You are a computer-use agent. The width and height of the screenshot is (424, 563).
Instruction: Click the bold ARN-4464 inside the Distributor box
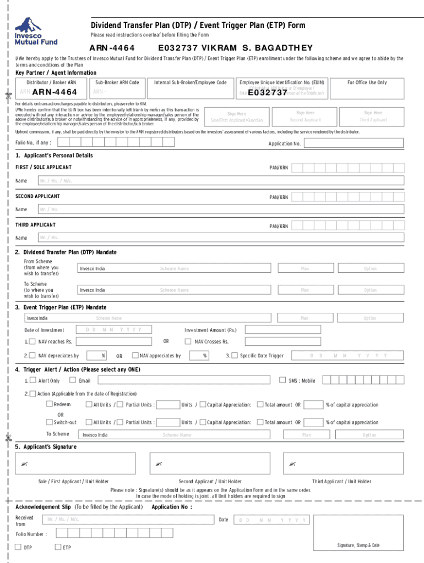[55, 92]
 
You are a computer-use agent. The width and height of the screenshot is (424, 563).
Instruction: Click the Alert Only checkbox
[33, 380]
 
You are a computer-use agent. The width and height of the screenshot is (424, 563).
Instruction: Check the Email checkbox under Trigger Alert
[73, 380]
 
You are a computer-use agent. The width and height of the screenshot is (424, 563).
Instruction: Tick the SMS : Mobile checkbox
[284, 380]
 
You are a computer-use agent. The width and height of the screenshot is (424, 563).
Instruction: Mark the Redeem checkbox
[48, 405]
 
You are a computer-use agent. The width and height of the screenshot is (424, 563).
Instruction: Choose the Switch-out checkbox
[48, 422]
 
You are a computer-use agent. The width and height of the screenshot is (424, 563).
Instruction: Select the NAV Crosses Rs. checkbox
[189, 341]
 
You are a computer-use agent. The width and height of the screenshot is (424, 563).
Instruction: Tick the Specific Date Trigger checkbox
[235, 355]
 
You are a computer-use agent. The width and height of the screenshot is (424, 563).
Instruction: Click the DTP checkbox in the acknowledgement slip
[18, 547]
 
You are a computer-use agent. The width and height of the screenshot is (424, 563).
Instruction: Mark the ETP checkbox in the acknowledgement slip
[58, 547]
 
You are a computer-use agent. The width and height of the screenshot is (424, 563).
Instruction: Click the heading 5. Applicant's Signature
[46, 446]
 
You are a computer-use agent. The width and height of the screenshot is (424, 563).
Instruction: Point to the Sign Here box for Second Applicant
[305, 115]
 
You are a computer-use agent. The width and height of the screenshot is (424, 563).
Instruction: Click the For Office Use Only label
[367, 82]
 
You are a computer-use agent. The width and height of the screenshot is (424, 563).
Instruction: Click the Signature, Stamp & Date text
[358, 545]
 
